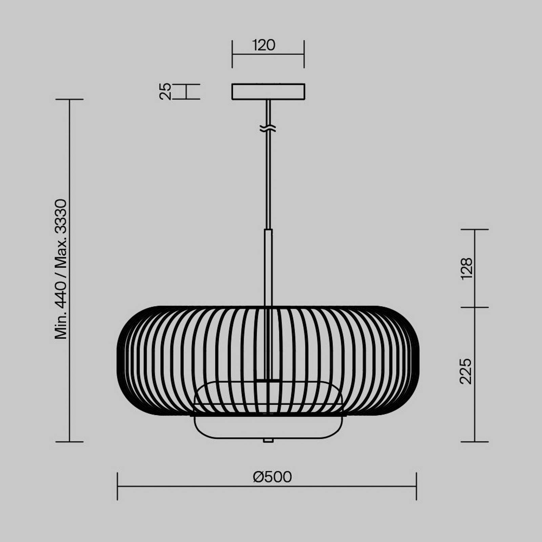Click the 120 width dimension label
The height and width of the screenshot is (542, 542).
264,45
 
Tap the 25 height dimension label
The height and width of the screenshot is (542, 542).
165,91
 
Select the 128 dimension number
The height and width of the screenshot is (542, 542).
467,268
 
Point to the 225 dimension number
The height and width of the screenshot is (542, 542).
466,371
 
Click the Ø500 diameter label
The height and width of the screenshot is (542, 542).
272,477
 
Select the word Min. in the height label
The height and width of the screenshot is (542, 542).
62,326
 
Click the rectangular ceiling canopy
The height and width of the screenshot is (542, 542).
268,92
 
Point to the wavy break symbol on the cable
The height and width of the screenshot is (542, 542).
268,128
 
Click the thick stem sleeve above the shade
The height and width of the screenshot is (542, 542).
268,268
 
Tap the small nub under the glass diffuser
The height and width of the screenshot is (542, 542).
268,440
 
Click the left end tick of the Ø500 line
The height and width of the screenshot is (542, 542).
118,486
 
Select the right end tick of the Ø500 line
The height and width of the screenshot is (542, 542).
416,486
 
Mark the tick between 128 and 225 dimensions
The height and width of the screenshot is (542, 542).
475,308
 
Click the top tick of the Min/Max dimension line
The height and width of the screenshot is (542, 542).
69,99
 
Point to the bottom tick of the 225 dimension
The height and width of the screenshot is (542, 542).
475,442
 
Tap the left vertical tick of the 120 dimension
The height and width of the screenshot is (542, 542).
232,54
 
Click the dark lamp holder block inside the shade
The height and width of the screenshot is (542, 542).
268,381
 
